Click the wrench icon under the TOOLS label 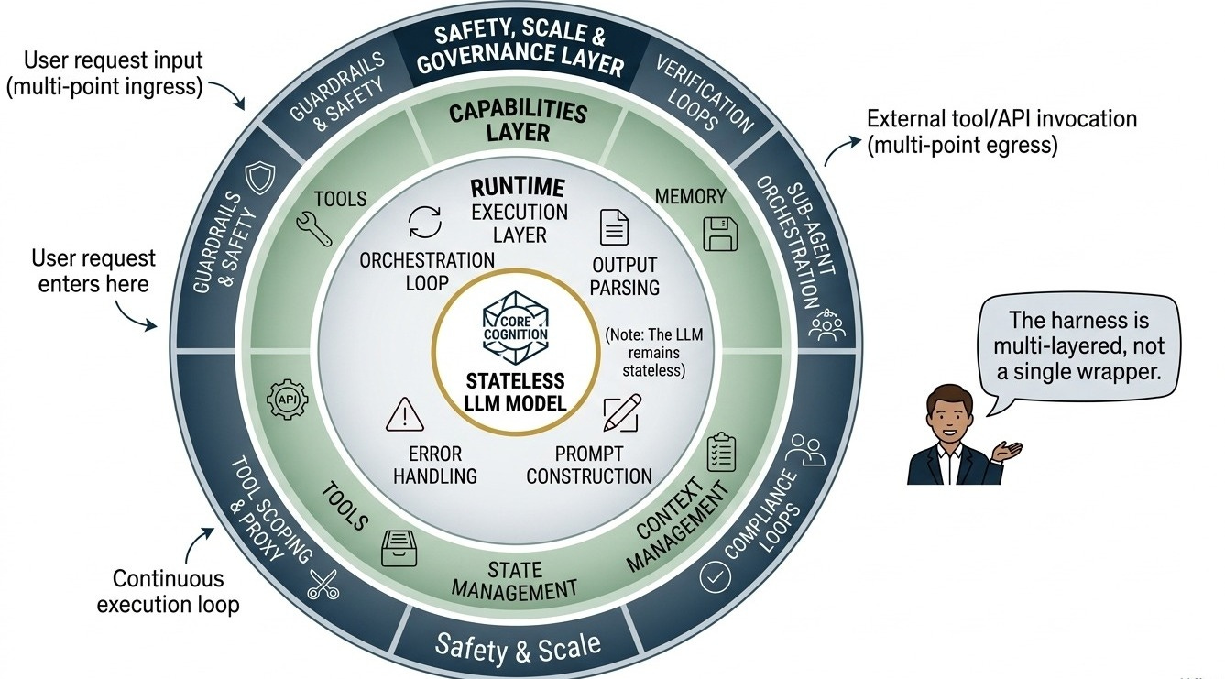coord(314,229)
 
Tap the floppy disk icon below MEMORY coord(719,234)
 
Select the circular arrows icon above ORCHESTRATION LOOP coord(425,222)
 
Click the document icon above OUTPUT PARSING coord(614,227)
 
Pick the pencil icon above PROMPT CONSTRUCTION coord(622,412)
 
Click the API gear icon coord(287,400)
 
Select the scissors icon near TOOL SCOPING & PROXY coord(323,584)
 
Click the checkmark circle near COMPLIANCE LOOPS coord(715,576)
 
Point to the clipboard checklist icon coord(721,452)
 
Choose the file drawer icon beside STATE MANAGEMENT coord(399,548)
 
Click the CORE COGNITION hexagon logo coord(515,328)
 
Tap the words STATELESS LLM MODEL coord(515,392)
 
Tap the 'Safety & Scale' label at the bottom coord(518,649)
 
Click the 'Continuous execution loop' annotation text coord(168,591)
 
